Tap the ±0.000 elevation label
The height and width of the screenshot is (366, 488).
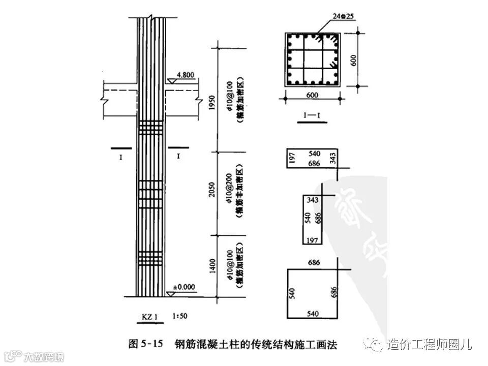point(184,287)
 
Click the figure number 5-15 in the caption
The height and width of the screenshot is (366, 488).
point(150,344)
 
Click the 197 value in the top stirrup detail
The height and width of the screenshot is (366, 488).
point(292,158)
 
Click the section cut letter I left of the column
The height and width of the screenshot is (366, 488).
point(121,158)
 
